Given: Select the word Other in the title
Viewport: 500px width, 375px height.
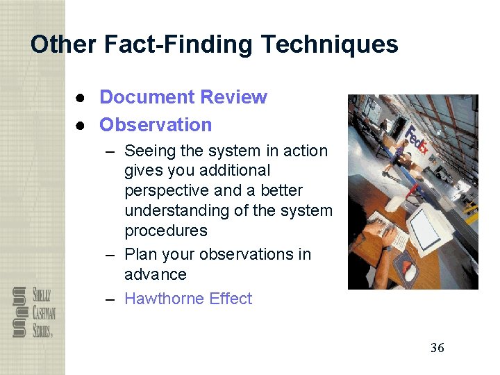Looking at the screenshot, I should pyautogui.click(x=63, y=44).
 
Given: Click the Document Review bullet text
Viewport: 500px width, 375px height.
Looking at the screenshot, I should pyautogui.click(x=183, y=97).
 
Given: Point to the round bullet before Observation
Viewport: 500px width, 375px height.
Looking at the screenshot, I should pyautogui.click(x=81, y=125).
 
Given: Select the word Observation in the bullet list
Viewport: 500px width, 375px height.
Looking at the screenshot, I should pyautogui.click(x=156, y=125).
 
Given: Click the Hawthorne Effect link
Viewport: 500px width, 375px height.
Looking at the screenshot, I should pyautogui.click(x=188, y=299).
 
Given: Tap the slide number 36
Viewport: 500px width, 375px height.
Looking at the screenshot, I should pyautogui.click(x=437, y=348).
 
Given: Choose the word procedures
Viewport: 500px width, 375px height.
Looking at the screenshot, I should pyautogui.click(x=166, y=231).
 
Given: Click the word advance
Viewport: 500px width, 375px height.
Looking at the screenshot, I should pyautogui.click(x=156, y=274).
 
